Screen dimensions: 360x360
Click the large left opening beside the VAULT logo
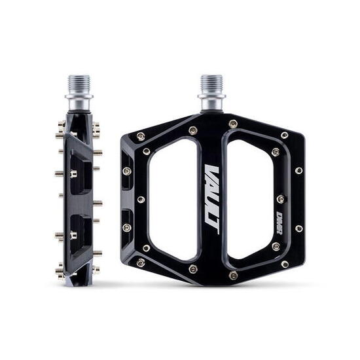pos(174,199)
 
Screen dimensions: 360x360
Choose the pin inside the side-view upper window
pos(73,173)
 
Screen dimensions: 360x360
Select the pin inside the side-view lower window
pos(73,234)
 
